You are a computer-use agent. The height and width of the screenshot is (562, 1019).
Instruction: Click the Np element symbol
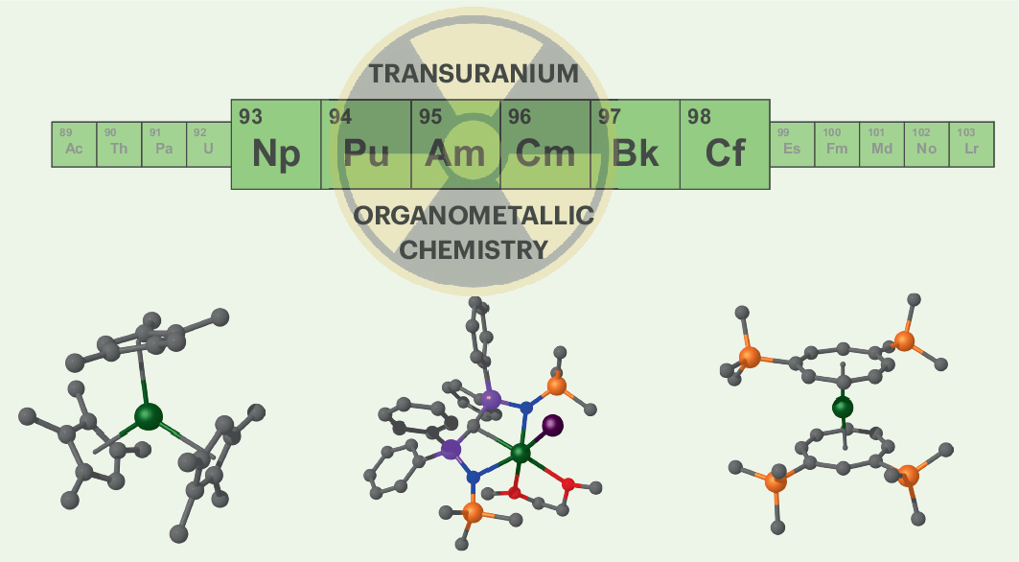point(276,154)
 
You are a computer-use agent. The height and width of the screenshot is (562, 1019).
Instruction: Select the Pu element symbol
point(365,154)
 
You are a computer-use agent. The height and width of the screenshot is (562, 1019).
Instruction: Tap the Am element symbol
point(455,154)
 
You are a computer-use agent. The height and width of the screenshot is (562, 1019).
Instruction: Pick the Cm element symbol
point(544,154)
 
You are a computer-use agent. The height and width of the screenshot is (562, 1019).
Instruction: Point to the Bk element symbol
point(635,154)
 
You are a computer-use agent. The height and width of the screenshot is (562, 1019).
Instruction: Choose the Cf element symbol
point(725,154)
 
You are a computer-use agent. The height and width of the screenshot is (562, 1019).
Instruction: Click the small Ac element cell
point(74,145)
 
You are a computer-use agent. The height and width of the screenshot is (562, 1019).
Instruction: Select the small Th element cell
point(119,145)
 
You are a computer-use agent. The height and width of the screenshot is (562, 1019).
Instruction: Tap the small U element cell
point(208,145)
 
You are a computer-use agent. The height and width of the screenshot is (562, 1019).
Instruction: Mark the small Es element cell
point(792,145)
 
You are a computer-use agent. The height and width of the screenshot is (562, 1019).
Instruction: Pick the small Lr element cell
point(971,145)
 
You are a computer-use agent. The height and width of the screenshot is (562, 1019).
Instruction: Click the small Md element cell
point(881,145)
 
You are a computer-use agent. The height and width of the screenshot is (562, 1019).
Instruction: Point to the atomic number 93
point(250,117)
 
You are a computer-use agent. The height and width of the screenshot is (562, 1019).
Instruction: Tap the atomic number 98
point(699,117)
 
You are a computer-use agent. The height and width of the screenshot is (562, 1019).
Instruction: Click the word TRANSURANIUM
point(474,74)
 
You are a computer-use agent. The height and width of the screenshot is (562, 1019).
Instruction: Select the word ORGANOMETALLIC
point(474,216)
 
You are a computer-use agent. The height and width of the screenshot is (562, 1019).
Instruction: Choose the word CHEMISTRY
point(474,250)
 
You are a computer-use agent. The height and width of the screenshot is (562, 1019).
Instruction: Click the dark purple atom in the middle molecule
point(552,424)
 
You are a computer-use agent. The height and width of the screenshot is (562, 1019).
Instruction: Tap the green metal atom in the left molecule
point(149,416)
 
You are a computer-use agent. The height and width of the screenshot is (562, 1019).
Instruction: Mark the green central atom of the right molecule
point(843,409)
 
